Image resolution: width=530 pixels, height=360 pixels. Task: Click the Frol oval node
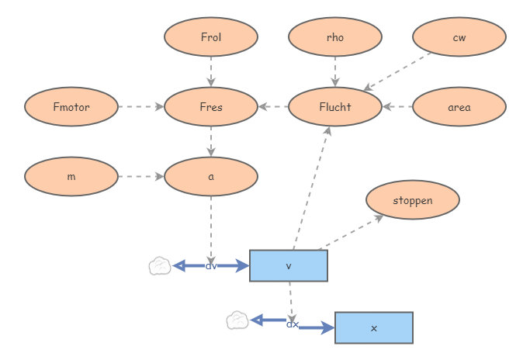(211, 37)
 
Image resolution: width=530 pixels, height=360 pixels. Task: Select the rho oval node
(335, 37)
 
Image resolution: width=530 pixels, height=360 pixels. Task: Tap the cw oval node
(459, 37)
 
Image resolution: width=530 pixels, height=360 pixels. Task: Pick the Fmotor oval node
(71, 107)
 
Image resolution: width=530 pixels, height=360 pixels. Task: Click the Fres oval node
(211, 107)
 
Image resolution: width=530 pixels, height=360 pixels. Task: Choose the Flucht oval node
(335, 107)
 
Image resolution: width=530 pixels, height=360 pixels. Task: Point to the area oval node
(459, 107)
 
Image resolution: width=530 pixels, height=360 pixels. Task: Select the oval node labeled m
(71, 177)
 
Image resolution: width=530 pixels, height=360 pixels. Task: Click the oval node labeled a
(211, 177)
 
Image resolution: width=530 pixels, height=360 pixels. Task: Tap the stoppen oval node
(413, 200)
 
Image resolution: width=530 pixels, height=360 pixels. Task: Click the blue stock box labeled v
(289, 265)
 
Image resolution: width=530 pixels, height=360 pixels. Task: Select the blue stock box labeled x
(374, 327)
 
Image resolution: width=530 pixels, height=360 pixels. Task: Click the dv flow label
(211, 265)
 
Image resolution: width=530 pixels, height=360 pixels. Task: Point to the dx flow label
(293, 324)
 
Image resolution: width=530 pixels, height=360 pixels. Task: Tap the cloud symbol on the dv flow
(160, 266)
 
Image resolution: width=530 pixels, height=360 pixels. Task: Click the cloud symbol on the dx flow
(237, 320)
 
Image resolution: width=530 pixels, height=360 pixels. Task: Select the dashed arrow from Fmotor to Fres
(140, 107)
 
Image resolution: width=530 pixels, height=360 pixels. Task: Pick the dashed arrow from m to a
(140, 177)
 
